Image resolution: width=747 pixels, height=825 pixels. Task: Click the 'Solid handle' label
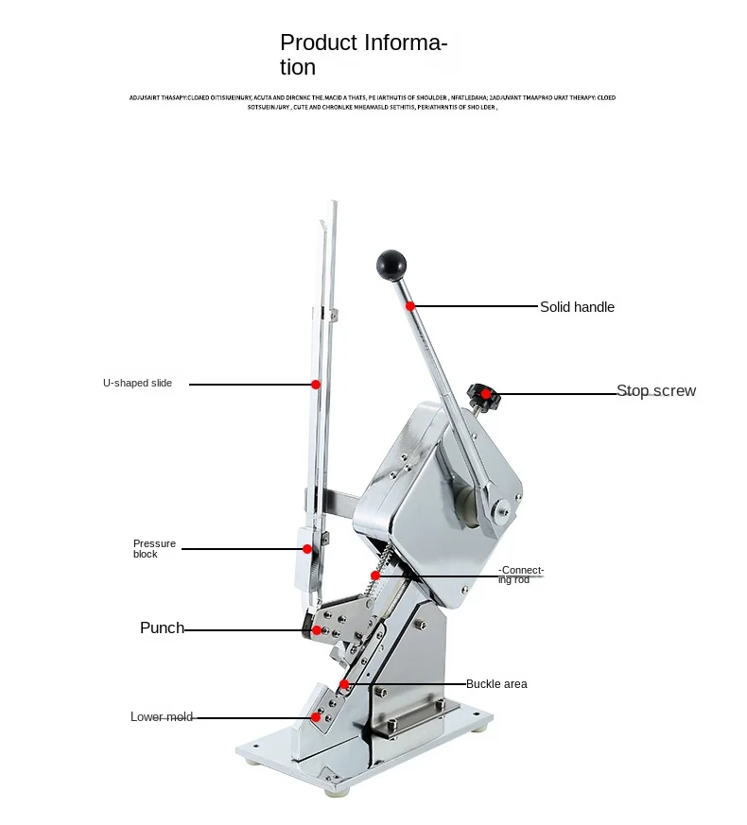pos(577,307)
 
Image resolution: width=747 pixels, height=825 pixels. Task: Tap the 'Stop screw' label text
pos(656,391)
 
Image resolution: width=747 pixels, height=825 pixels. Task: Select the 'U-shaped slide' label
pos(137,384)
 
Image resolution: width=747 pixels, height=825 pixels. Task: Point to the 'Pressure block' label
pos(154,549)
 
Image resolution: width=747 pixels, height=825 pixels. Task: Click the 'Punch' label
pos(162,628)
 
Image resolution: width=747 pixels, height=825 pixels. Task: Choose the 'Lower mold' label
pos(161,717)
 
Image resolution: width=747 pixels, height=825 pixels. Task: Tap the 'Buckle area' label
pos(496,684)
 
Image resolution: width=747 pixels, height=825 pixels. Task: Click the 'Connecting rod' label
pos(522,575)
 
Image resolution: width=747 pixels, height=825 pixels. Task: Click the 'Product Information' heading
pos(363,55)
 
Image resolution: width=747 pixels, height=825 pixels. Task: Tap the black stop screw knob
pos(483,397)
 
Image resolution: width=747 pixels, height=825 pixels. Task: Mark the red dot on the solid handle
pos(410,306)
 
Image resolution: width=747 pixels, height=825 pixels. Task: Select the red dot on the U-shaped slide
pos(316,385)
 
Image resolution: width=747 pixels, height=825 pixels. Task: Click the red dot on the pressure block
pos(306,548)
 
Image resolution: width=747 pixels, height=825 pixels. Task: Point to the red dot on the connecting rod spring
pos(375,576)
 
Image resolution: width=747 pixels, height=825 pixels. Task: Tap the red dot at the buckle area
pos(344,684)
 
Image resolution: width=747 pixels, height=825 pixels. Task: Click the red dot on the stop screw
pos(486,393)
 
